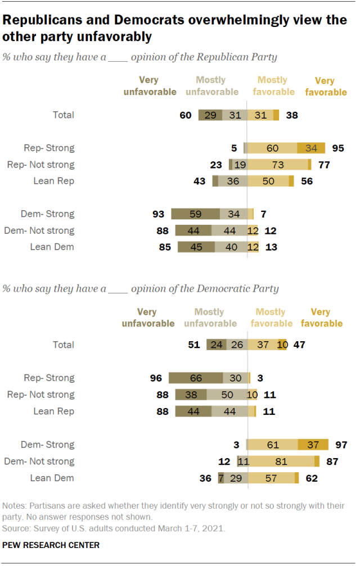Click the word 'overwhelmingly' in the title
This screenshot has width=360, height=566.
(x=231, y=21)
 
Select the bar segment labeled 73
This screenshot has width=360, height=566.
(x=278, y=165)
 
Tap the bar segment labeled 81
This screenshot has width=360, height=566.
(x=282, y=461)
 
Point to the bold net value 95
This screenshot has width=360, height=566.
(x=339, y=148)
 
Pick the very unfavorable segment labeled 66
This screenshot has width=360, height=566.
(x=195, y=378)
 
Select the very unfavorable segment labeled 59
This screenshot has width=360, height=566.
(x=195, y=214)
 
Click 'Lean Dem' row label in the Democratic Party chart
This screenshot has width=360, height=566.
(x=52, y=478)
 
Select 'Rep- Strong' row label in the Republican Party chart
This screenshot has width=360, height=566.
(x=49, y=148)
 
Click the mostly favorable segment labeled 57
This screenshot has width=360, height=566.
(x=271, y=478)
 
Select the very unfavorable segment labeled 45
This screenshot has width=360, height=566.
(x=196, y=247)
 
